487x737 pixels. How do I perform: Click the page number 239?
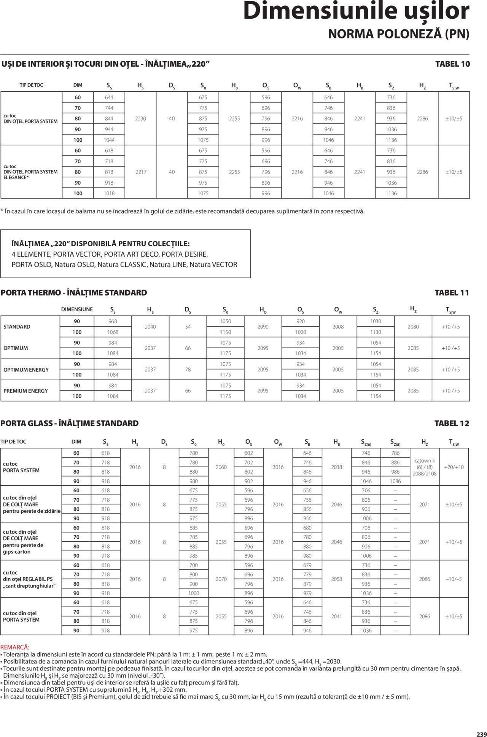tap(481, 733)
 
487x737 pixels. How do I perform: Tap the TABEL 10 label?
tap(452, 64)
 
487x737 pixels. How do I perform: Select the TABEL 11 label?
tap(452, 293)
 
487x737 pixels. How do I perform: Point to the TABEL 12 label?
tap(452, 423)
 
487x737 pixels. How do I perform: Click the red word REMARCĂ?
tap(15, 647)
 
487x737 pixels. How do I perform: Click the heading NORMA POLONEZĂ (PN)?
tap(398, 34)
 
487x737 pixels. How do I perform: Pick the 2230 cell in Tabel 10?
tap(140, 119)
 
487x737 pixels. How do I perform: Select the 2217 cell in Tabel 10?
tap(140, 172)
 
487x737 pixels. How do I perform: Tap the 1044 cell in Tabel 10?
tap(109, 140)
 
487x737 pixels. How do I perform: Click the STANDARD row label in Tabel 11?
tap(17, 327)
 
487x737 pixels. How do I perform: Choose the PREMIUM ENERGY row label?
tap(25, 391)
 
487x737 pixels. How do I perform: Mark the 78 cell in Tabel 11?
tap(188, 369)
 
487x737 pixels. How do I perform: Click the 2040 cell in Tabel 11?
tap(151, 327)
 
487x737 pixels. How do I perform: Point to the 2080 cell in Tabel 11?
tap(413, 327)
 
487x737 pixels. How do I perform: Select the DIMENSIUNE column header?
tap(77, 309)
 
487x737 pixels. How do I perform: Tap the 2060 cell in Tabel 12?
tap(221, 467)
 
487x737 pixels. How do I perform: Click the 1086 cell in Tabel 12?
tap(395, 481)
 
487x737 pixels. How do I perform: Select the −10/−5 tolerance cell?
tap(454, 579)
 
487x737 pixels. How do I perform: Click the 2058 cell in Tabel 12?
tap(337, 579)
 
